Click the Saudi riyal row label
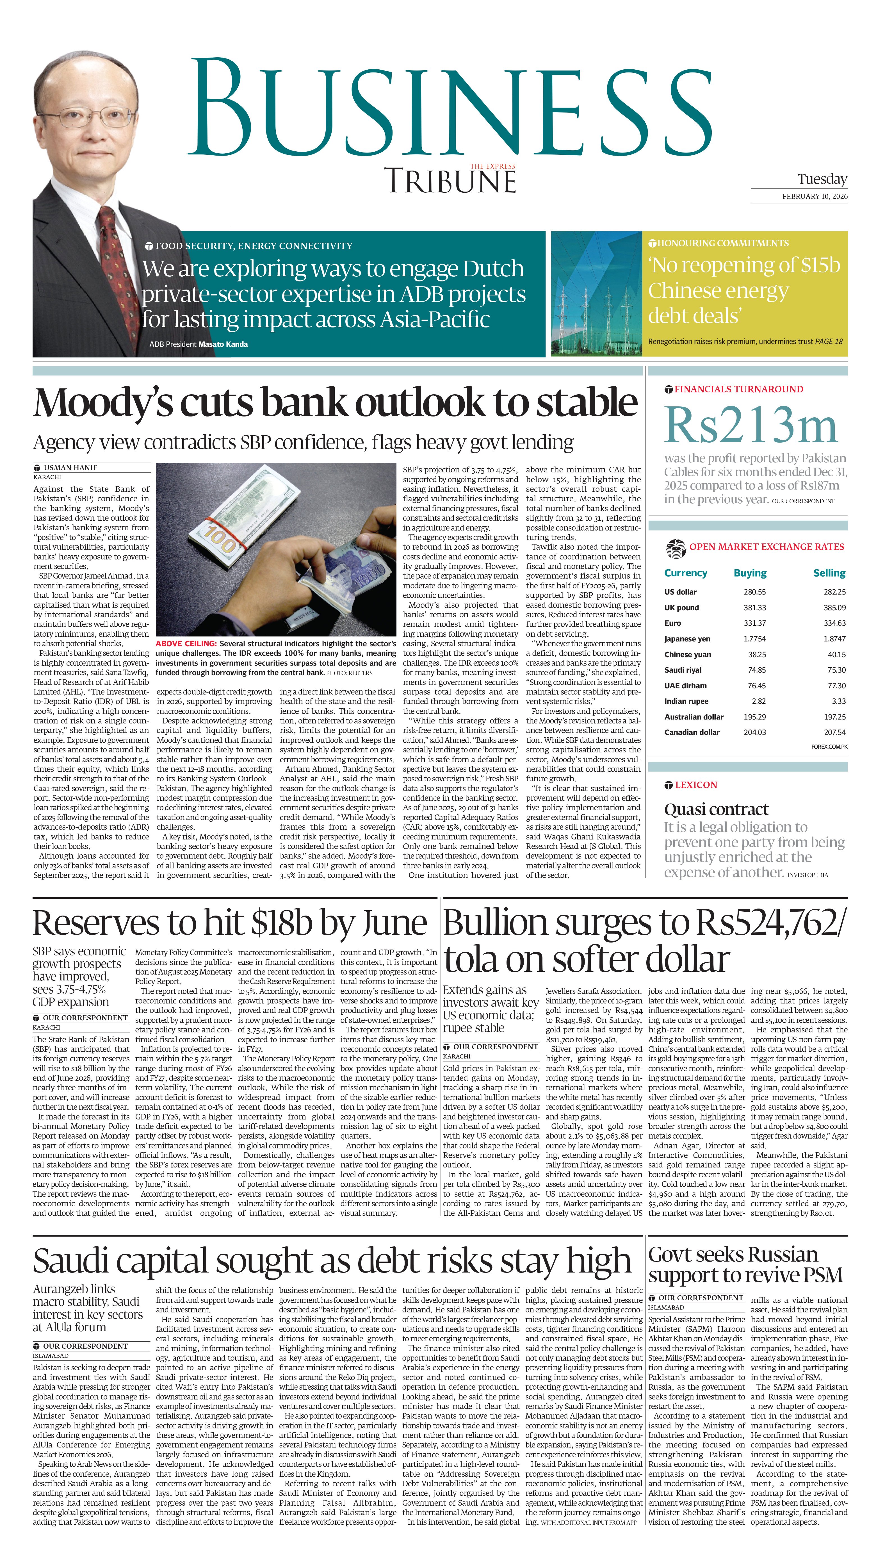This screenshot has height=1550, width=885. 683,670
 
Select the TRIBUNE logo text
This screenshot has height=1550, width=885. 450,181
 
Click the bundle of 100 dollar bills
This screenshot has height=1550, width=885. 243,529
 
